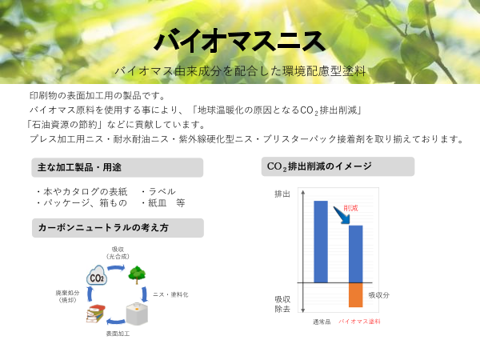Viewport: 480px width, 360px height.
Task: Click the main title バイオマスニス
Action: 240,39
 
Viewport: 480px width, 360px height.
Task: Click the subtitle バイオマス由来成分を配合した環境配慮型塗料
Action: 240,70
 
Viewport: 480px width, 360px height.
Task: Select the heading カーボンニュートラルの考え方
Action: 103,228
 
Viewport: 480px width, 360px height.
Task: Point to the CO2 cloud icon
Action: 98,277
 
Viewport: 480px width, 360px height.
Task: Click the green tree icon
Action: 137,274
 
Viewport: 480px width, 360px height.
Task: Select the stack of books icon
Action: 97,313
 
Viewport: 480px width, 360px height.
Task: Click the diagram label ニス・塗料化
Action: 170,294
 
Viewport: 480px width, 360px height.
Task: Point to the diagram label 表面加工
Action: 118,333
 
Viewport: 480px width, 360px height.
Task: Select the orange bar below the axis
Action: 356,294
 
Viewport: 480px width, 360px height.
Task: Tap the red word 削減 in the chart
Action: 350,208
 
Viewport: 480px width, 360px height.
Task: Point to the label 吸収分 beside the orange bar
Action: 378,295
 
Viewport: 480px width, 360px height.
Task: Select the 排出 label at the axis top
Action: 282,194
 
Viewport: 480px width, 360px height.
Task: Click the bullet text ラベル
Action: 159,191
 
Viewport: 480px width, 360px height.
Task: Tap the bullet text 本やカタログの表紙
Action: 82,191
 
